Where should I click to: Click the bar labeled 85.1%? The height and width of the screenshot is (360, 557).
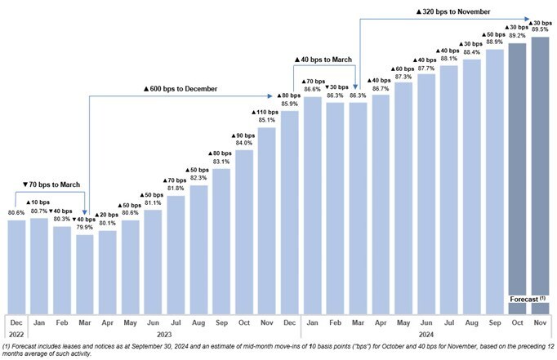pyautogui.click(x=267, y=220)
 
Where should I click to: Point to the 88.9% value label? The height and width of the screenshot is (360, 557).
pyautogui.click(x=494, y=42)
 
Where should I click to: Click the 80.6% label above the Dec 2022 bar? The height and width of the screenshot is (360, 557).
pyautogui.click(x=16, y=213)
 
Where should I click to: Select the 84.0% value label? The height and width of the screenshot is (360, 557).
pyautogui.click(x=244, y=143)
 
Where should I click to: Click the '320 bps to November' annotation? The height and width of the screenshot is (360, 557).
pyautogui.click(x=445, y=12)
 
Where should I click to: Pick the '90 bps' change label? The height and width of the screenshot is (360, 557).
pyautogui.click(x=243, y=135)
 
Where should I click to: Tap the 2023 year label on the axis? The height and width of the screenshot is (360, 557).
pyautogui.click(x=166, y=334)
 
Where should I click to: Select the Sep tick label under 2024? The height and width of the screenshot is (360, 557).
pyautogui.click(x=494, y=322)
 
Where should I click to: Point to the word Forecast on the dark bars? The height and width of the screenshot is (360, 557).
pyautogui.click(x=524, y=298)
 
